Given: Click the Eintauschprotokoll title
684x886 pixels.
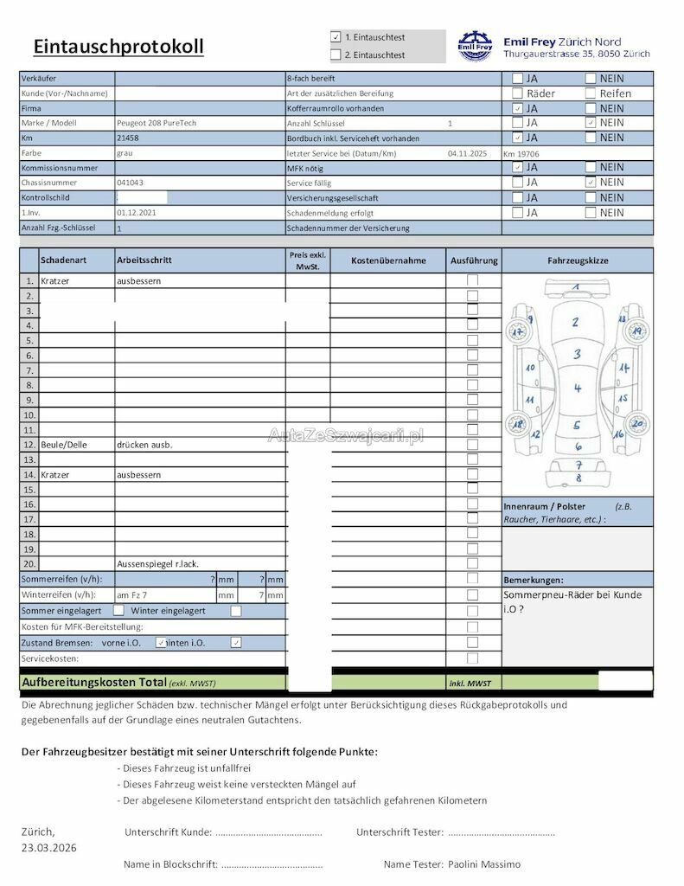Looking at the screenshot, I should click(x=118, y=46).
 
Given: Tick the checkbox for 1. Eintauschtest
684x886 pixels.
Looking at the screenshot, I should click(x=336, y=37).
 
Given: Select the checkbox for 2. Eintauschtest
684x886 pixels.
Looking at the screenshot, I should click(x=336, y=55).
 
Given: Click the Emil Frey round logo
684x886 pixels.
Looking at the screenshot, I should click(x=475, y=46).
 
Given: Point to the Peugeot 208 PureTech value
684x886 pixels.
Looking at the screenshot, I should click(x=157, y=123).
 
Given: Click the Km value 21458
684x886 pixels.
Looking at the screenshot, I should click(x=127, y=138).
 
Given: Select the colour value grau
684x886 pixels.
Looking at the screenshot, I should click(x=125, y=152).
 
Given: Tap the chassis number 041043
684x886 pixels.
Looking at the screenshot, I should click(x=130, y=183).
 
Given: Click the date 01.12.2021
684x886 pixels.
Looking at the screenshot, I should click(x=136, y=213).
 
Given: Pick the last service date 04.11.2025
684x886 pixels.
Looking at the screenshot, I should click(x=468, y=153).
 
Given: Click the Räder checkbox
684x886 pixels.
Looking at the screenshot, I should click(x=517, y=93).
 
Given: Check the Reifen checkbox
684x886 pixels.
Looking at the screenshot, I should click(x=591, y=93).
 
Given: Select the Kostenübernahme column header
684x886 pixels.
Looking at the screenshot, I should click(x=388, y=260).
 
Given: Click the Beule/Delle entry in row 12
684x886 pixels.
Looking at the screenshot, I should click(x=64, y=445).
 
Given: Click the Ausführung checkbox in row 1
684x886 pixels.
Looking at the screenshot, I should click(x=472, y=280).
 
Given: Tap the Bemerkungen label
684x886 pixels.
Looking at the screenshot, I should click(x=533, y=579).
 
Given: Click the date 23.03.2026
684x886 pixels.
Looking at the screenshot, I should click(x=48, y=847).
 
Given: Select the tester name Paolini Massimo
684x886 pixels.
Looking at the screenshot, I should click(x=485, y=864).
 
